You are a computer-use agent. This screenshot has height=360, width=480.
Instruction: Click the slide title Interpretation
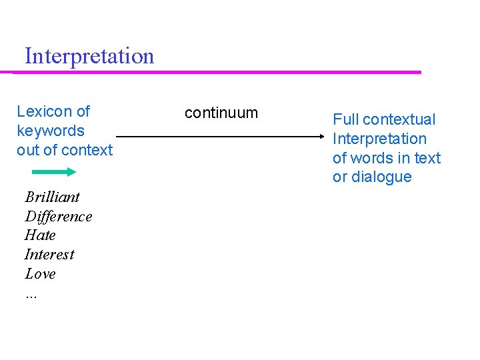click(89, 56)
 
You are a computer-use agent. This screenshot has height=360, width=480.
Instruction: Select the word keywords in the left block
click(51, 131)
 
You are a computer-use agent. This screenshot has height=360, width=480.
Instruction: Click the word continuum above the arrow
click(221, 113)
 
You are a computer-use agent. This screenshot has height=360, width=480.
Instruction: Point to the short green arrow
click(55, 172)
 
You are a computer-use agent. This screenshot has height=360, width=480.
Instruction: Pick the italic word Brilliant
click(52, 197)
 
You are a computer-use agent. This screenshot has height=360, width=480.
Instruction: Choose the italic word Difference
click(59, 217)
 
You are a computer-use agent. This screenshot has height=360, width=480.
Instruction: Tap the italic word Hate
click(40, 235)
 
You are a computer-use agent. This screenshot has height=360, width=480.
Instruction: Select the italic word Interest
click(49, 255)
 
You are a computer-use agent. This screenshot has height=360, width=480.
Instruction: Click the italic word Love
click(40, 274)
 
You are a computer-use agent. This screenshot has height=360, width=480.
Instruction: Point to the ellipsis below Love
click(31, 294)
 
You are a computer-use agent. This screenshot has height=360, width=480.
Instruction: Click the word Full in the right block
click(346, 120)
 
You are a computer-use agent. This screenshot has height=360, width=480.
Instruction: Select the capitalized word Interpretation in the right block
click(379, 139)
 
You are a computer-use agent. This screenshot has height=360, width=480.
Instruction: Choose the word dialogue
click(379, 177)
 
